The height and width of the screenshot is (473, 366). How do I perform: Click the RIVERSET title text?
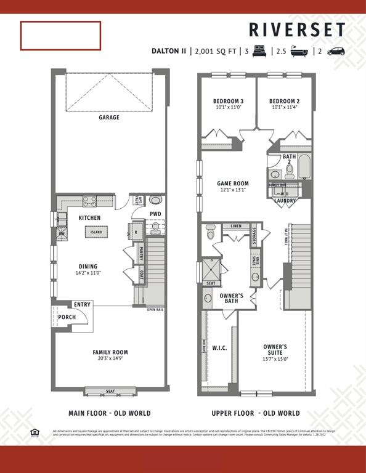click(x=297, y=30)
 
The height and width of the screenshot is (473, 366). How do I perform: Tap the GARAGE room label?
click(x=109, y=117)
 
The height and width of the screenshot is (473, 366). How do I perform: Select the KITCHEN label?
click(x=89, y=217)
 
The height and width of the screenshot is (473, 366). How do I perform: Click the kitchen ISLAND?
click(x=97, y=232)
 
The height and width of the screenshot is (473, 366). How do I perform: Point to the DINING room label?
click(x=87, y=267)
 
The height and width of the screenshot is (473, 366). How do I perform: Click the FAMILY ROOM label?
click(x=110, y=352)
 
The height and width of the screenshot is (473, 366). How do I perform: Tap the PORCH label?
click(x=67, y=317)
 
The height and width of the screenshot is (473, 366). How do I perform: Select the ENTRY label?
click(x=82, y=304)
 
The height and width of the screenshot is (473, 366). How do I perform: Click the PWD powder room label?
click(x=156, y=214)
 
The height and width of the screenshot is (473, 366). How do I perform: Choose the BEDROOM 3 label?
click(x=228, y=101)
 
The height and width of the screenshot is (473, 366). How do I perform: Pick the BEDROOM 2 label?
click(x=284, y=101)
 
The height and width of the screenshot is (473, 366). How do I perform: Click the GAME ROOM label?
click(x=232, y=184)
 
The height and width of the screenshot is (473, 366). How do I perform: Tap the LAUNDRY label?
click(x=284, y=200)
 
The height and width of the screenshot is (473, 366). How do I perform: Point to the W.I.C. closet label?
click(x=220, y=347)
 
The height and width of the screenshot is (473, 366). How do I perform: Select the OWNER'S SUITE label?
click(x=275, y=349)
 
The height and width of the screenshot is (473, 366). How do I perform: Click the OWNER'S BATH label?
click(x=231, y=299)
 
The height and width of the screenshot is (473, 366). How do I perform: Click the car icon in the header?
click(x=336, y=51)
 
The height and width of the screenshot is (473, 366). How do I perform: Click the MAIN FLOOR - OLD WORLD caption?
click(x=109, y=413)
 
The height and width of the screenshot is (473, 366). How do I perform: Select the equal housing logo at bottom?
click(x=35, y=432)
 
